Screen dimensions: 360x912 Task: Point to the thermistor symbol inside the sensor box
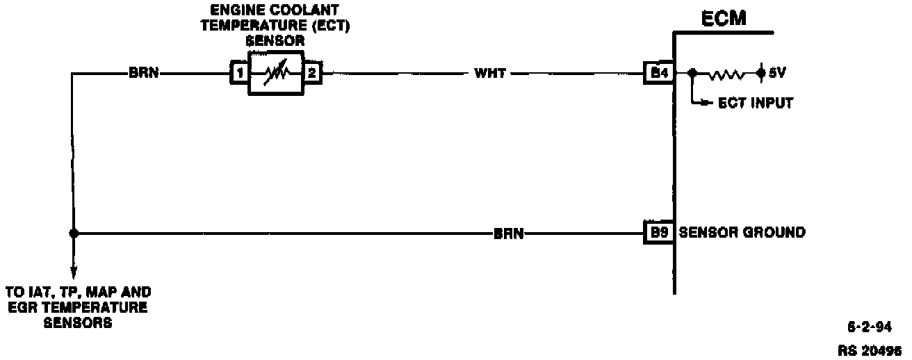(276, 72)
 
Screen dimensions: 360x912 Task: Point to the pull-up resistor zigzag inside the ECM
(726, 72)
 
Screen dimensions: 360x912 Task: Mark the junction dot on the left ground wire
(74, 234)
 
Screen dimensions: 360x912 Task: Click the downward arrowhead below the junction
(74, 272)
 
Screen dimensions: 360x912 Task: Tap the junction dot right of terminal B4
(692, 72)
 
